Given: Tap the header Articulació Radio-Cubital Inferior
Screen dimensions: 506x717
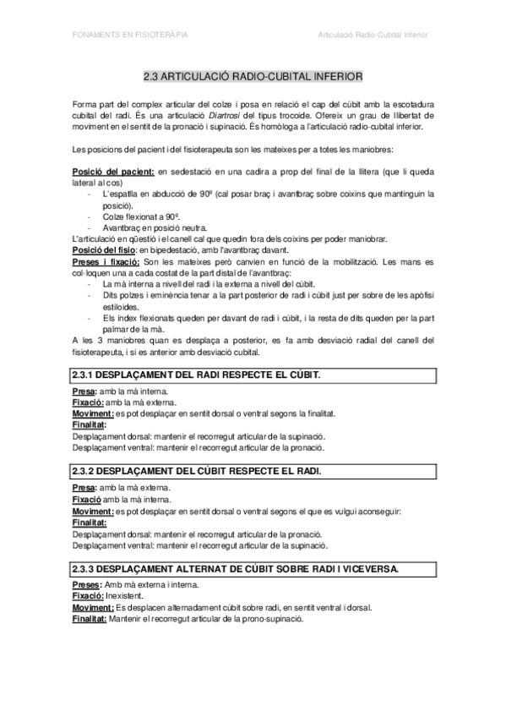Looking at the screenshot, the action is coord(373,36).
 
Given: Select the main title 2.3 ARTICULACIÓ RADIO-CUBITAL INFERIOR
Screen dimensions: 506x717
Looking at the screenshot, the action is coord(253,76).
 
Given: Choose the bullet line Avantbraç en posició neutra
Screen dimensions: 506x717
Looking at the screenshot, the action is coord(152,227).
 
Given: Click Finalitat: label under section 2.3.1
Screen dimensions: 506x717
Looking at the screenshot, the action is coord(90,424).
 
